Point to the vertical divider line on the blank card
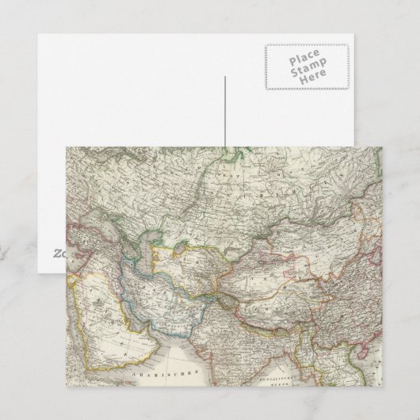coord(225,111)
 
